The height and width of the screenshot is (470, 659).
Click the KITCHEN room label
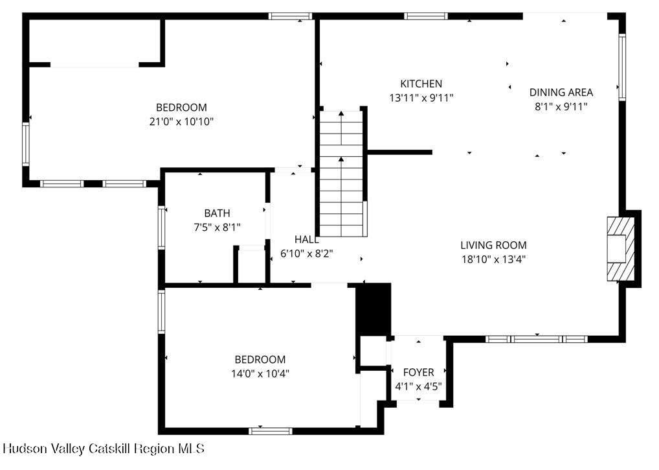click(421, 84)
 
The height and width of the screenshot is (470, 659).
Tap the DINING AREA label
click(561, 92)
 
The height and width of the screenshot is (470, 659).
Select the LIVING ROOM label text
click(493, 245)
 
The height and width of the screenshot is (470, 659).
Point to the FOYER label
click(418, 372)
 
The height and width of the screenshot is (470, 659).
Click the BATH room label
click(217, 213)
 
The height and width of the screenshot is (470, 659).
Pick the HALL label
click(306, 239)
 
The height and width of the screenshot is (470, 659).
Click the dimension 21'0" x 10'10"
click(181, 122)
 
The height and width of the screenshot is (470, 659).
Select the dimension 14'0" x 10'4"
click(260, 373)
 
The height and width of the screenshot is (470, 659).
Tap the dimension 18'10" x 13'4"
click(493, 259)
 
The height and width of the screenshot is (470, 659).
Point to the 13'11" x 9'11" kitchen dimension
click(421, 98)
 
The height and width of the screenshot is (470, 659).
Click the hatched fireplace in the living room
click(621, 249)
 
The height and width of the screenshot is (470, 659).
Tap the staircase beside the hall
click(341, 173)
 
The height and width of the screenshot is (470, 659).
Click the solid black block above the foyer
click(374, 310)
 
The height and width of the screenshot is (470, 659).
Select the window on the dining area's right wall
click(622, 67)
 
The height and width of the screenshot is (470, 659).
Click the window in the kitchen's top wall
click(426, 16)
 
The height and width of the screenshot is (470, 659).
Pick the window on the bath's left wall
click(161, 227)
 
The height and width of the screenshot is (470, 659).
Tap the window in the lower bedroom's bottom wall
click(270, 431)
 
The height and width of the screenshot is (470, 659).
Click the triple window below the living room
click(537, 339)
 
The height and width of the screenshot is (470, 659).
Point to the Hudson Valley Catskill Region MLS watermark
click(104, 449)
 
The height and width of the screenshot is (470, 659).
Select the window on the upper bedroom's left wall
click(26, 144)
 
